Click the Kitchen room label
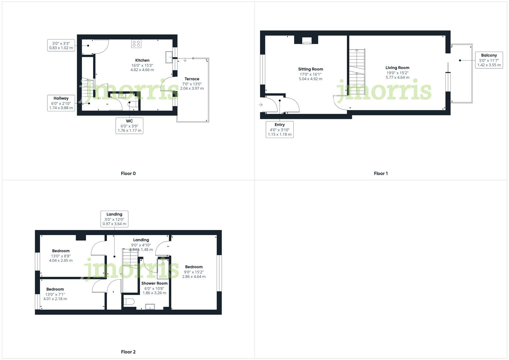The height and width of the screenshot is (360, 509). click(x=142, y=60)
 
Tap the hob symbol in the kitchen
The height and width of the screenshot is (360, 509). click(x=136, y=44)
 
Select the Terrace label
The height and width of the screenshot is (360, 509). click(x=192, y=79)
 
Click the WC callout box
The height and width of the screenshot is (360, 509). click(x=129, y=126)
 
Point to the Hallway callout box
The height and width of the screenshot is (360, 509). click(x=61, y=103)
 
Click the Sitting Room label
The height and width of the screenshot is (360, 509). click(x=310, y=69)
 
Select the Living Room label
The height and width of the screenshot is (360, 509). click(x=397, y=68)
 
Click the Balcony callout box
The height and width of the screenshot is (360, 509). click(x=489, y=60)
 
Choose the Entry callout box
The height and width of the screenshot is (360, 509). click(x=279, y=130)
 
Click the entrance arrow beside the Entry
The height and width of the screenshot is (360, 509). click(x=261, y=105)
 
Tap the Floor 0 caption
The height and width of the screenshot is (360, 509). click(x=128, y=173)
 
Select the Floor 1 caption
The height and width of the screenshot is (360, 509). click(x=381, y=173)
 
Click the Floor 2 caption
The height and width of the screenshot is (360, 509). click(x=128, y=352)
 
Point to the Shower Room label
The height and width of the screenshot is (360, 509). click(x=154, y=283)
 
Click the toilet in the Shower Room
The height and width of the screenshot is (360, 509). click(x=129, y=302)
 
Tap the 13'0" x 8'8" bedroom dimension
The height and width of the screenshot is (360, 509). click(x=61, y=256)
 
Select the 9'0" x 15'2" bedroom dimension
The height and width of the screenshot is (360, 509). click(x=194, y=272)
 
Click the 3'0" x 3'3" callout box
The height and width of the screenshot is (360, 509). click(x=61, y=46)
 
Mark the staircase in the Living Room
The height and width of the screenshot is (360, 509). click(x=357, y=72)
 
